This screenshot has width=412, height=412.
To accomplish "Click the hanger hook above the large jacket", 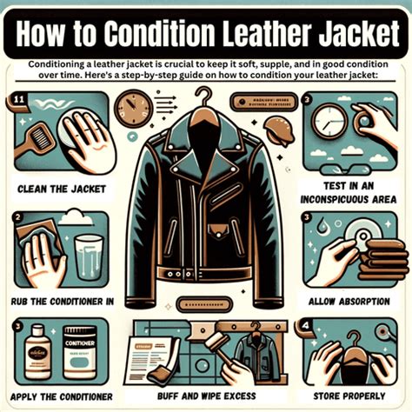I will point(205,104).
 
